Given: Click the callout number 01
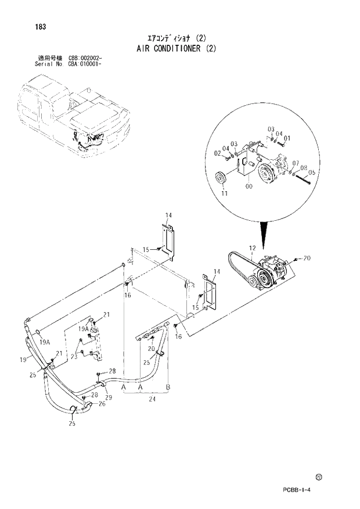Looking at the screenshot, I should [x=287, y=138].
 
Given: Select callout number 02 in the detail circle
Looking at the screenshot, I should [x=217, y=153].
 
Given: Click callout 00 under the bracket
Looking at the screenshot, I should [x=249, y=187].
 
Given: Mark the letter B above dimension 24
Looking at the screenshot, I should [x=168, y=386].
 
